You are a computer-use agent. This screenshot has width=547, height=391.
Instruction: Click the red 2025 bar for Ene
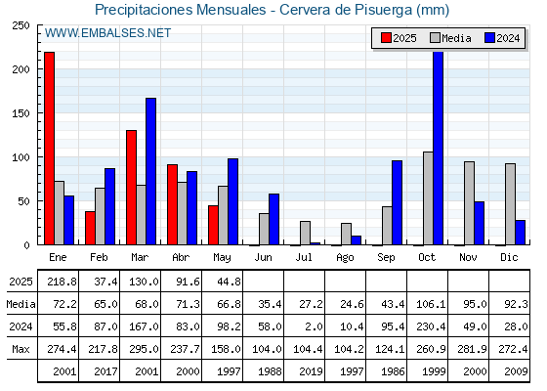click(50, 149)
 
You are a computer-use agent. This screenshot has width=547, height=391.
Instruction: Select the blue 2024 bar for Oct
click(438, 149)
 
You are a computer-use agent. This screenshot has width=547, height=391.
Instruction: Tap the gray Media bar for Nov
click(469, 203)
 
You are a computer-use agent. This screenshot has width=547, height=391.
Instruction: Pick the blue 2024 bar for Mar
click(151, 171)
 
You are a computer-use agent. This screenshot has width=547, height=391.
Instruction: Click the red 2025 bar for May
click(213, 225)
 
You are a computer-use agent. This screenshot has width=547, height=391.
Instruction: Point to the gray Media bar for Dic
click(510, 204)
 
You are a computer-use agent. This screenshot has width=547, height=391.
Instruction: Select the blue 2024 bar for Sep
click(397, 203)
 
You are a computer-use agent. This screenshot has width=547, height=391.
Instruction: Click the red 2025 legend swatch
click(386, 38)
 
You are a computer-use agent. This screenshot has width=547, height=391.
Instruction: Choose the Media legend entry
click(450, 38)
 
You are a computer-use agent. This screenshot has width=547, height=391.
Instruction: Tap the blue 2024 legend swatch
click(489, 38)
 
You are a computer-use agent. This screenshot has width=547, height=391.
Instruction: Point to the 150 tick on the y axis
click(21, 113)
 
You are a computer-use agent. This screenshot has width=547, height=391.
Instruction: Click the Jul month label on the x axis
click(304, 258)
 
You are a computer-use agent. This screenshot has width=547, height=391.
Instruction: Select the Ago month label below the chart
click(345, 258)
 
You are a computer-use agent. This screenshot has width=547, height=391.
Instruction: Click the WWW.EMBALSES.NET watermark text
click(107, 33)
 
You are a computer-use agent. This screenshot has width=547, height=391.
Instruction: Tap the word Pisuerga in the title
click(384, 10)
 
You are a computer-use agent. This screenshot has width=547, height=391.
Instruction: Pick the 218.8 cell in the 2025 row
click(62, 282)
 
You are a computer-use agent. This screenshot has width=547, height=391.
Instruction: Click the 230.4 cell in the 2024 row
click(431, 326)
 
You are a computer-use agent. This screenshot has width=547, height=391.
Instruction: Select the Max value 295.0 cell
click(144, 349)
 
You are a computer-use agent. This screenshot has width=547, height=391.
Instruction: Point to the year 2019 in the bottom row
click(311, 371)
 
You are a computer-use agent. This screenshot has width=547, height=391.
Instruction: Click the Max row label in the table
click(21, 349)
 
